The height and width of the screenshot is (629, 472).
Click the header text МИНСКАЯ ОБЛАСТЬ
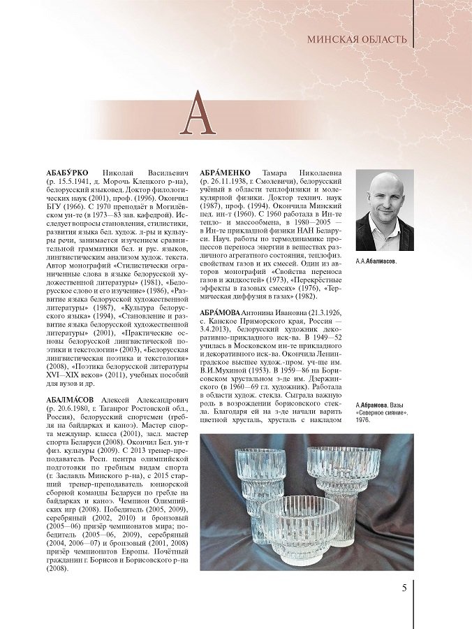coord(357,39)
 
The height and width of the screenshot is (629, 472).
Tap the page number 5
coord(404,587)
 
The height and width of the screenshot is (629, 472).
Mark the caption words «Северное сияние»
coord(381,413)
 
